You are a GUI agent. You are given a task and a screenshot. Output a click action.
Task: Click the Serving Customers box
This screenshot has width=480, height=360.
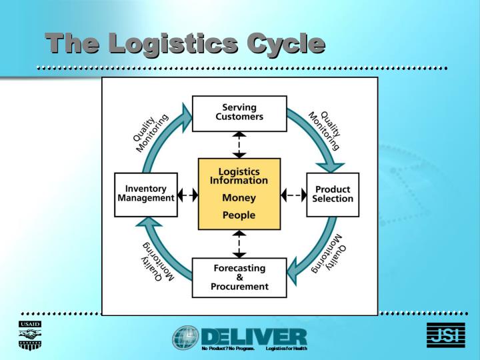(239, 113)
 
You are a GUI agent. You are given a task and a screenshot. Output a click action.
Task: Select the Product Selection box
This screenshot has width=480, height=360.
(333, 195)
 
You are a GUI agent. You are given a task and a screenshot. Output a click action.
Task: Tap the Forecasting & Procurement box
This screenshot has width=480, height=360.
(239, 277)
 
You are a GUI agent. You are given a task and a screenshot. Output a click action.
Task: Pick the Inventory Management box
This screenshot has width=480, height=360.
(146, 195)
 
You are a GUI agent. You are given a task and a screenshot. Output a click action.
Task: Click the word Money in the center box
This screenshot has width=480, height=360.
(239, 198)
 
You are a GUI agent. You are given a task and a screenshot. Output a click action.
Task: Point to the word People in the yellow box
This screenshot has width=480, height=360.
(239, 215)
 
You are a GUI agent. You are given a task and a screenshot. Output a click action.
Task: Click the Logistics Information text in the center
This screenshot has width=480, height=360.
(239, 176)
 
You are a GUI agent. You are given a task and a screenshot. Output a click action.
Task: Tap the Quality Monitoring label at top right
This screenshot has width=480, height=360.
(326, 129)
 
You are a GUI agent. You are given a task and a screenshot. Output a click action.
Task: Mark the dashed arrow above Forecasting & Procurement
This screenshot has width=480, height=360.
(239, 244)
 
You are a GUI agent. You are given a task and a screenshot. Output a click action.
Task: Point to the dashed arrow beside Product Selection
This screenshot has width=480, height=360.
(293, 195)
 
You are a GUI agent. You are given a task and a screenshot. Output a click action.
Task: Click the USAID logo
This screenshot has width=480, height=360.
(29, 335)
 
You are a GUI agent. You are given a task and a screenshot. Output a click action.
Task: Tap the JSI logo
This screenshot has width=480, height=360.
(445, 335)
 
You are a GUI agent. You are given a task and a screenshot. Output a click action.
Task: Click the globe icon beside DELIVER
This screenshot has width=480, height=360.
(185, 338)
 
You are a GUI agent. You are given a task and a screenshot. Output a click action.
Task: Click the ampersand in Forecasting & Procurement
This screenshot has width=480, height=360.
(239, 277)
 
